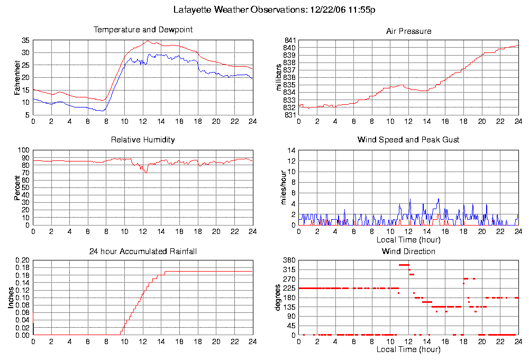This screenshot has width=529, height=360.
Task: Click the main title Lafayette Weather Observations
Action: click(275, 10)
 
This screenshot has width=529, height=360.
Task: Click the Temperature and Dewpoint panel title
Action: click(143, 30)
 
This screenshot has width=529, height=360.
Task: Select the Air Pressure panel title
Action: click(408, 31)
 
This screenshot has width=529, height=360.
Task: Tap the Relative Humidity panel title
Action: click(143, 140)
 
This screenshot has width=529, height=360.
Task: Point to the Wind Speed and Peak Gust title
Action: click(408, 140)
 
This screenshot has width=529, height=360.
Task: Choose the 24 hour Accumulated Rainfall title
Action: click(143, 251)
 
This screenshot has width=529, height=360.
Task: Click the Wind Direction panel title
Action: click(408, 251)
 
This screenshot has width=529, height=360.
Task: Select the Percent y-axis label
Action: click(17, 187)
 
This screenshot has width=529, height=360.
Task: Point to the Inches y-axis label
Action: click(11, 298)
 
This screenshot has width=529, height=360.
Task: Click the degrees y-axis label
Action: click(279, 298)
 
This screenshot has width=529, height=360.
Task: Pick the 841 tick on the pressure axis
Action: click(290, 40)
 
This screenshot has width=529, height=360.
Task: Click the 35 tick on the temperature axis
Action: click(25, 40)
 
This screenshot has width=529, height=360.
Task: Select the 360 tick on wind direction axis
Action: click(289, 260)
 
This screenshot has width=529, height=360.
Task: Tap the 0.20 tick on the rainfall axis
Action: click(23, 260)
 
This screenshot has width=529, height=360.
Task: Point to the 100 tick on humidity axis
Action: click(23, 150)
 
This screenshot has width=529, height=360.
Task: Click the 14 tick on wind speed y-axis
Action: click(291, 150)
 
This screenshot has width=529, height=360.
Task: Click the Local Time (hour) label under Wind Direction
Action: click(408, 349)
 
